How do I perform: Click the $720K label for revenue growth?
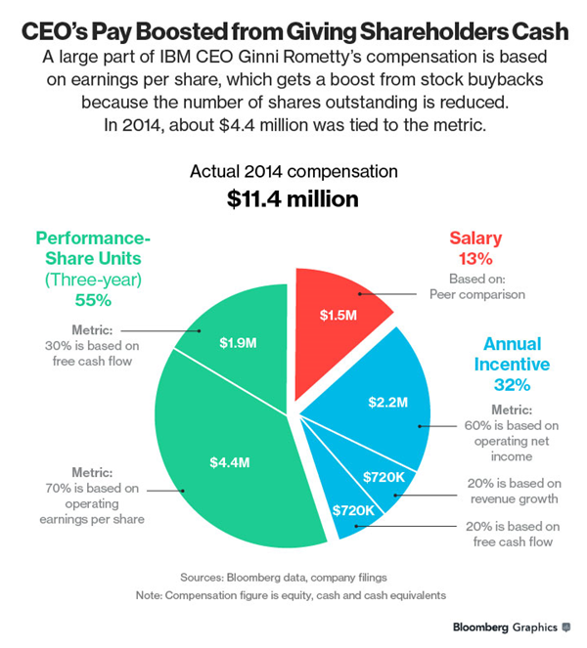click(x=384, y=477)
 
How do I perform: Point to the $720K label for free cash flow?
click(x=353, y=510)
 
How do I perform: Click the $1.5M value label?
click(x=338, y=316)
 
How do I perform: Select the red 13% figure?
click(x=475, y=259)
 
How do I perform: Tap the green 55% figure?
click(x=93, y=300)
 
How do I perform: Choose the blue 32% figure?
click(x=512, y=385)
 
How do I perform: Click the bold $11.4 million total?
click(x=293, y=199)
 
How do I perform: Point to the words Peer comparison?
click(x=477, y=294)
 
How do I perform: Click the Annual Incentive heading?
click(x=512, y=354)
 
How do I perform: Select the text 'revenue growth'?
click(x=515, y=499)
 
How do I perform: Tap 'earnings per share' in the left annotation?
click(x=92, y=519)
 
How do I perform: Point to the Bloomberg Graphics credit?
click(x=512, y=627)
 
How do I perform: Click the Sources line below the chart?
click(x=284, y=578)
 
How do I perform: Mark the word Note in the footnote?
click(x=149, y=595)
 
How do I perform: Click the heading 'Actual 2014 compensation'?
click(x=293, y=171)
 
